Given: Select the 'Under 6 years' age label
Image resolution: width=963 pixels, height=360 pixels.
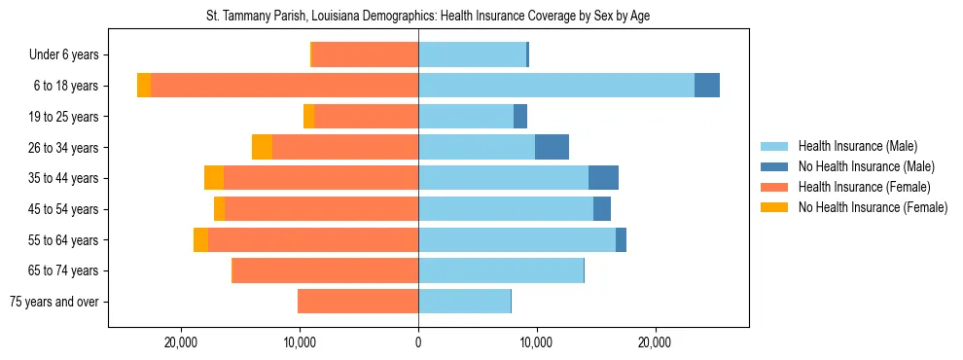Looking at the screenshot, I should tap(69, 55).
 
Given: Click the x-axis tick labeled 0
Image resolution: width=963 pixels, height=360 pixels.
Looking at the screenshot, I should tap(418, 342).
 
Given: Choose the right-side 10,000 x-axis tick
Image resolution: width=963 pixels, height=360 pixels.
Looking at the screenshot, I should tap(537, 342).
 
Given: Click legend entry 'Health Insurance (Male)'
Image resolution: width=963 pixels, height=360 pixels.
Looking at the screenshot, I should tap(857, 146).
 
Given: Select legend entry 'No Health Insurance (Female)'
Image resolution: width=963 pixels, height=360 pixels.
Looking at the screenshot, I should tap(873, 207).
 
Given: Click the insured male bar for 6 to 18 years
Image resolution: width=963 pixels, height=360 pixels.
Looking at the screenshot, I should tap(555, 86).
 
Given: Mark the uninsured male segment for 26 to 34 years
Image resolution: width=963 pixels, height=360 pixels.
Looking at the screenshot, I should tap(552, 147).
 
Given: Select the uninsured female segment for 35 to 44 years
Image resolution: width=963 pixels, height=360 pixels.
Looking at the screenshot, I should tap(214, 178).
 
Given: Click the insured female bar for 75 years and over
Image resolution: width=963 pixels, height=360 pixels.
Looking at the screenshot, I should tap(358, 302).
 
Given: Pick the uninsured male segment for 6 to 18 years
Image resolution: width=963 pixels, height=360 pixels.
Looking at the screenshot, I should tap(707, 86).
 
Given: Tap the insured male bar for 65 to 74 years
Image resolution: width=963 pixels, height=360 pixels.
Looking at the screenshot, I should tap(501, 270).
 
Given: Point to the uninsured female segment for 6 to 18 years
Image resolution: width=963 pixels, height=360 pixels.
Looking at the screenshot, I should tap(144, 86).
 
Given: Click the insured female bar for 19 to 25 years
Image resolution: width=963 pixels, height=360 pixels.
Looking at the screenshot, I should tap(367, 117).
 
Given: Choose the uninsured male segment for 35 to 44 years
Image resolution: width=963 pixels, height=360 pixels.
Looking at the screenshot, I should tap(603, 178).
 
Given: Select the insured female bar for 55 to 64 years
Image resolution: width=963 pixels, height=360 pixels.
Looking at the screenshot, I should tap(313, 239).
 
